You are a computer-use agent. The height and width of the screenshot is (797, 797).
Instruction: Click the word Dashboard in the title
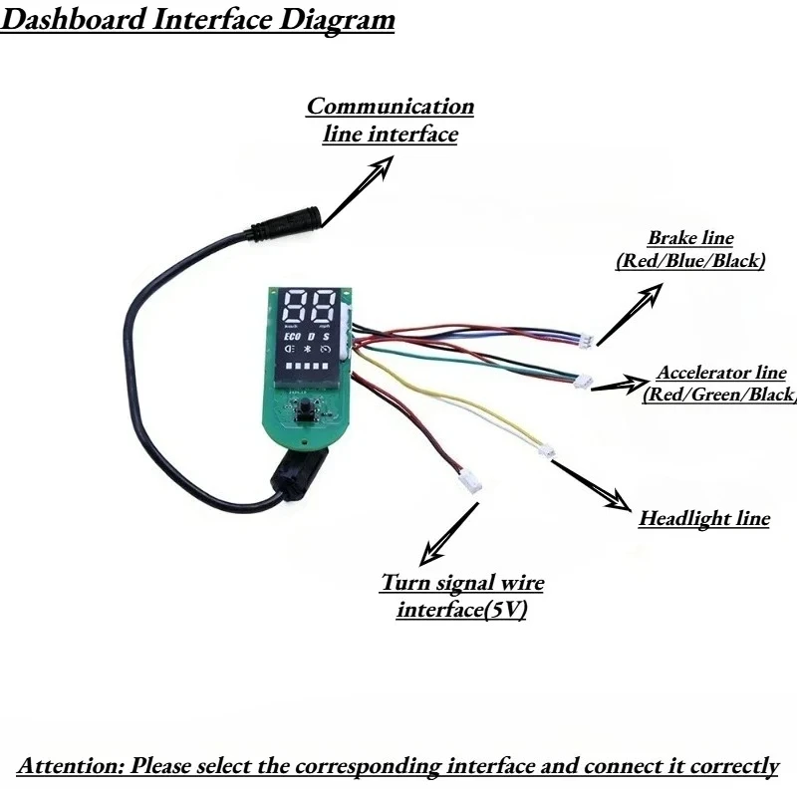click(x=73, y=20)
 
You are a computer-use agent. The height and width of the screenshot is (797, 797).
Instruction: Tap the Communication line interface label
click(x=390, y=120)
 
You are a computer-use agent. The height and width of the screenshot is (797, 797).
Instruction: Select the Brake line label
click(x=690, y=249)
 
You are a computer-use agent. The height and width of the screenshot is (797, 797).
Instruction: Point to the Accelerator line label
click(x=719, y=384)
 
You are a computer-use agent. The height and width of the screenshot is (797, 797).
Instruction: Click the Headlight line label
click(x=704, y=518)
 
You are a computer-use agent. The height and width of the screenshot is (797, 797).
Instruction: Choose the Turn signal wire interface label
click(x=462, y=596)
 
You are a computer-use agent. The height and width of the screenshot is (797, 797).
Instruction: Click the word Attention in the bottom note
click(x=70, y=765)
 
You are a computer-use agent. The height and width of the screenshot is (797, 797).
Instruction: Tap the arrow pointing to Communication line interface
click(x=358, y=190)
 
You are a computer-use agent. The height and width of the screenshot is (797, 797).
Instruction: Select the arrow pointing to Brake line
click(x=630, y=314)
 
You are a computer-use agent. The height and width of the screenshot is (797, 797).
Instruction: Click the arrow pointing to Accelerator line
click(x=620, y=384)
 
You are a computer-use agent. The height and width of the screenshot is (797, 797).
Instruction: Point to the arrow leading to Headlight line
click(x=592, y=485)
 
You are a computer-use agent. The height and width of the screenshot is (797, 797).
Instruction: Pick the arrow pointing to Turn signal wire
click(x=449, y=534)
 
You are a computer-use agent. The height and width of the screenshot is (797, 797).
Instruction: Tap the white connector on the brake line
click(x=587, y=341)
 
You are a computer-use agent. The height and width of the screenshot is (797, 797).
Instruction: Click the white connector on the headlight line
click(x=547, y=451)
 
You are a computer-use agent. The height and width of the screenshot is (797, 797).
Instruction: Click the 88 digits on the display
click(x=309, y=306)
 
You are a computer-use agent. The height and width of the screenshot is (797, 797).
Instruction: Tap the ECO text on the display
click(x=292, y=337)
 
